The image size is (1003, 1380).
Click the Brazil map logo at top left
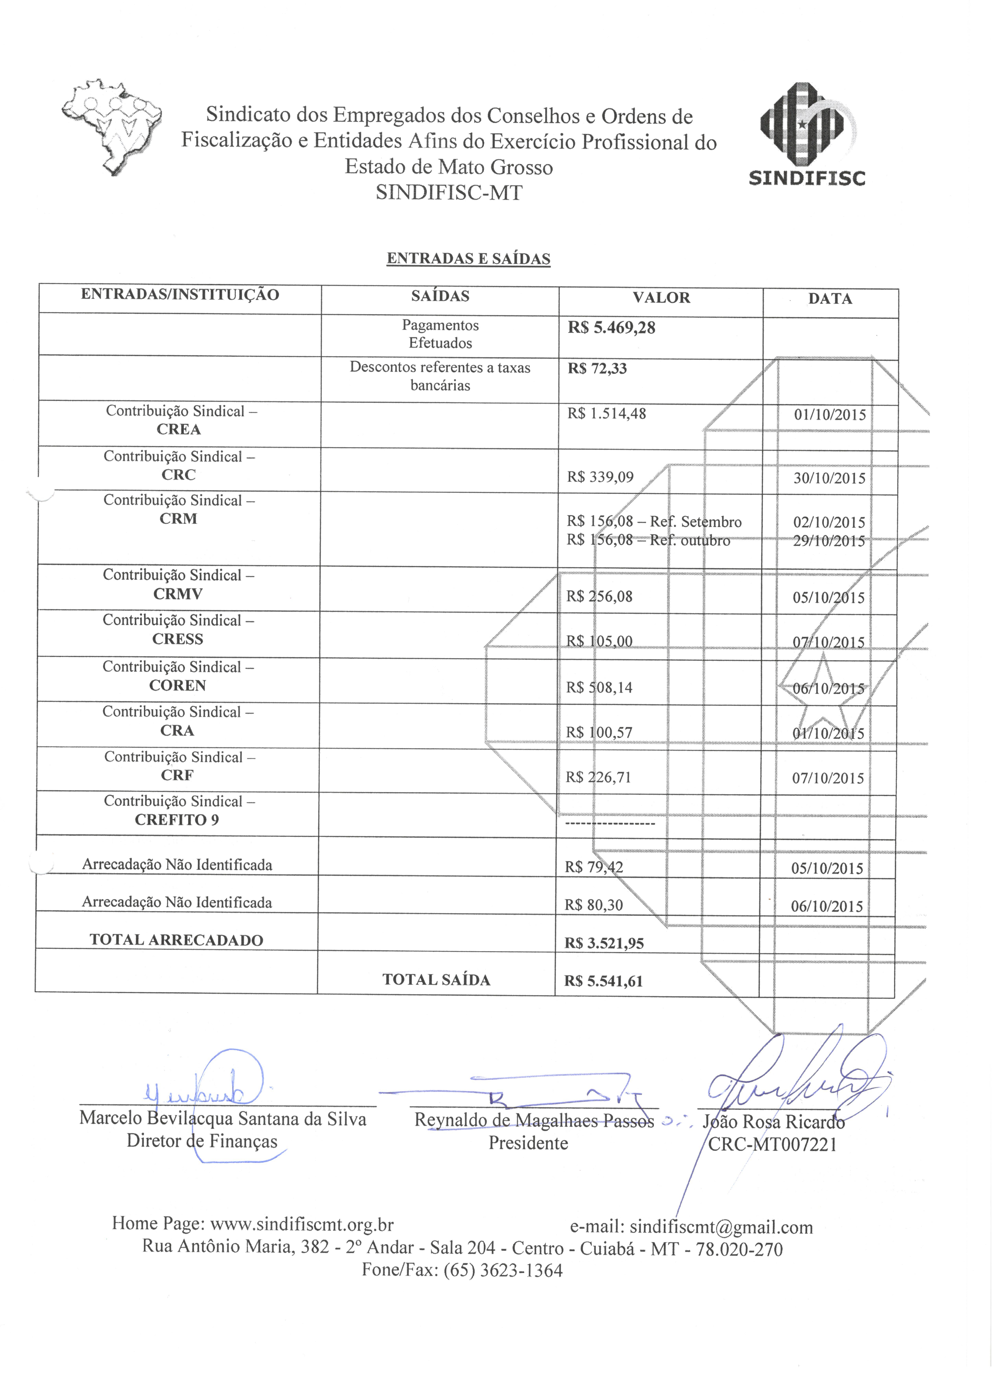coord(112,126)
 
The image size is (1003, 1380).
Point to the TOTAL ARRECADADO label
coord(176,940)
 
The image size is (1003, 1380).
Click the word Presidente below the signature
coord(528,1143)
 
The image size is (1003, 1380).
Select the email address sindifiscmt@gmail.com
coord(721,1227)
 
